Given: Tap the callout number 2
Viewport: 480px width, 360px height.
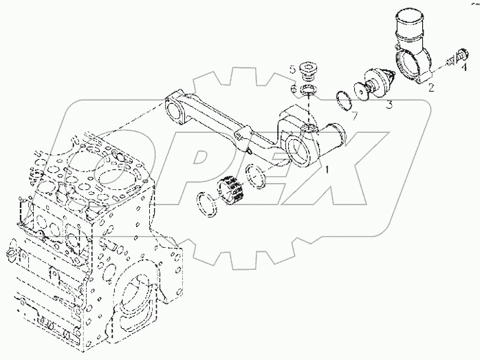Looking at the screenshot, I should click(431, 88).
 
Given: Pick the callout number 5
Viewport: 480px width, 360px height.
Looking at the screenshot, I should click(292, 70).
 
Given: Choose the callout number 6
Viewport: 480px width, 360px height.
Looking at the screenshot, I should click(293, 89).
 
